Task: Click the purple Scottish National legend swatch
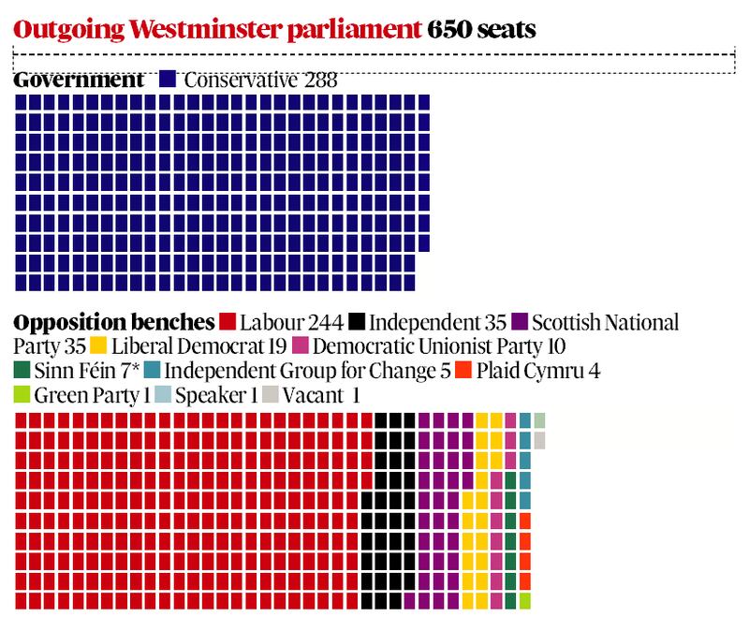pyautogui.click(x=522, y=323)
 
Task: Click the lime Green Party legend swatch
pyautogui.click(x=23, y=394)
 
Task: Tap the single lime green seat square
pyautogui.click(x=525, y=599)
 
